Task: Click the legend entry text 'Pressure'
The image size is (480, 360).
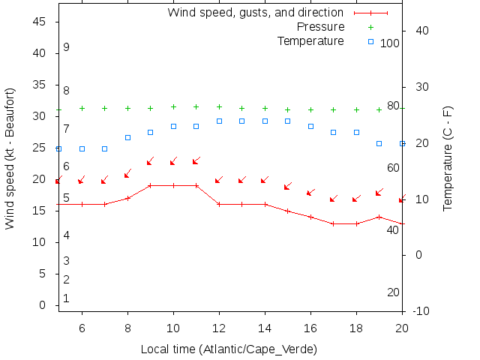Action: pyautogui.click(x=319, y=27)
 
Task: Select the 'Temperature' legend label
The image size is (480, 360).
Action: pyautogui.click(x=310, y=40)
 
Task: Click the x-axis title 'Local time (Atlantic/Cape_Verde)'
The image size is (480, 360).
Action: pyautogui.click(x=229, y=349)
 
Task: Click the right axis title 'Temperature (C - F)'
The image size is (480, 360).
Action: pyautogui.click(x=448, y=157)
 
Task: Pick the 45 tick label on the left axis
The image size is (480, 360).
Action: pyautogui.click(x=42, y=22)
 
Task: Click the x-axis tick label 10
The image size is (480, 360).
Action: pyautogui.click(x=173, y=327)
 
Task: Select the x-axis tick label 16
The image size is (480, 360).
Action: pyautogui.click(x=310, y=327)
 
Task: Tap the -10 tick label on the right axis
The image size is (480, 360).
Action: pyautogui.click(x=420, y=310)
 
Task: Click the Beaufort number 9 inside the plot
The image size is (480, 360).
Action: pyautogui.click(x=66, y=47)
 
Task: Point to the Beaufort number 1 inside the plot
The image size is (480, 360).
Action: pyautogui.click(x=66, y=298)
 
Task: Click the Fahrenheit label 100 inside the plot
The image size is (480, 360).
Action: pyautogui.click(x=389, y=43)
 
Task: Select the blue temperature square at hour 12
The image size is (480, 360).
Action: pyautogui.click(x=219, y=121)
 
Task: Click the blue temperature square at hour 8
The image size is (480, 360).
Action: pyautogui.click(x=127, y=137)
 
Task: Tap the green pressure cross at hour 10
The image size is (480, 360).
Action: pyautogui.click(x=173, y=107)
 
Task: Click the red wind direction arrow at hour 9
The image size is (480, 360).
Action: pyautogui.click(x=150, y=161)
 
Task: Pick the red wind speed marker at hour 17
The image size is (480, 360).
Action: pyautogui.click(x=334, y=223)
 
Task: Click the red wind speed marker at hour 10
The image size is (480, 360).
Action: pyautogui.click(x=173, y=185)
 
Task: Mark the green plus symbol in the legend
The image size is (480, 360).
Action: pyautogui.click(x=370, y=27)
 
